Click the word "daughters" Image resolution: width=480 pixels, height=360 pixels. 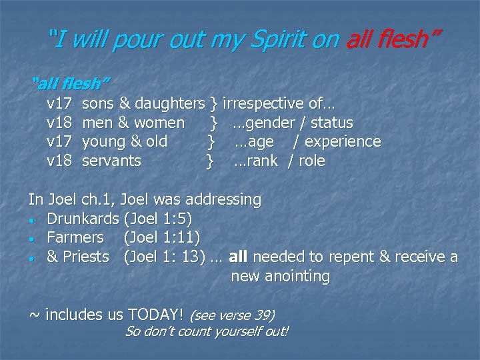[169, 104]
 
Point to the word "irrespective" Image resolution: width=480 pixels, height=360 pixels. [264, 104]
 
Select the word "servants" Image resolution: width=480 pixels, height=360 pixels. [111, 161]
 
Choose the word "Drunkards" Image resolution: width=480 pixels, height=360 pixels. [83, 219]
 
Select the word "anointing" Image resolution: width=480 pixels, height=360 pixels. [296, 276]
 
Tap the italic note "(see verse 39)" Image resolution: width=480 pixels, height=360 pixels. [232, 315]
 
